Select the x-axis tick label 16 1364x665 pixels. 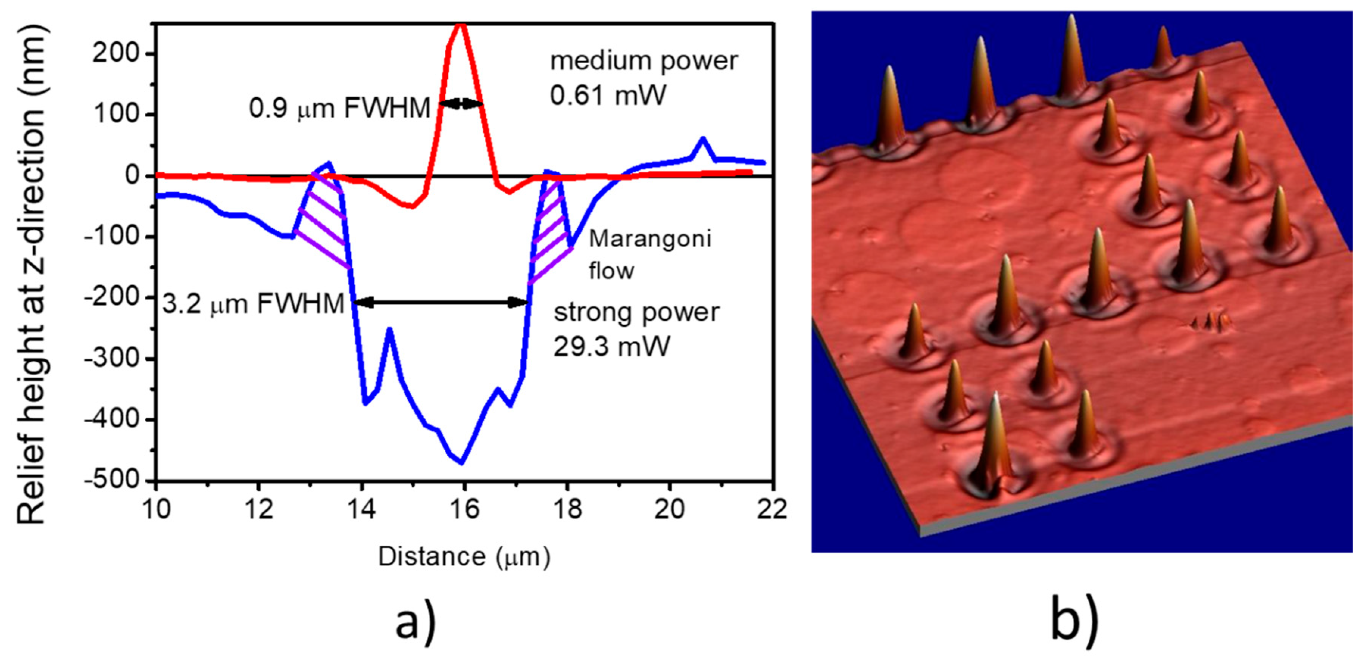464,509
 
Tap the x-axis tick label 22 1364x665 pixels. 772,509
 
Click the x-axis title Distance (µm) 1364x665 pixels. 464,557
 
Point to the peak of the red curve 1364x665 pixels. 461,25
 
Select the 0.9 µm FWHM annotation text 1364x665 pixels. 339,109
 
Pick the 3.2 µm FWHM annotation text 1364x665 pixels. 253,304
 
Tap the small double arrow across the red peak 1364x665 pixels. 461,104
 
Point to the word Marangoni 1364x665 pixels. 650,239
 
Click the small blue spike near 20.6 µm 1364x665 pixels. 703,140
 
